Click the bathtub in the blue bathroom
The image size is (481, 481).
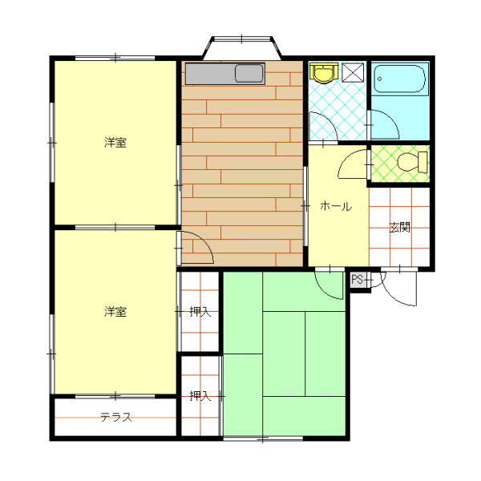(400, 79)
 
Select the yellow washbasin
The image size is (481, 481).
(324, 73)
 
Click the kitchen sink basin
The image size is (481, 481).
(249, 74)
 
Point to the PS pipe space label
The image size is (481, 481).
(357, 280)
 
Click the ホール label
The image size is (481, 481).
(336, 206)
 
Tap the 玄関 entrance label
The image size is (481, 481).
(399, 228)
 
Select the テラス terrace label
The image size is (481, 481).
(116, 417)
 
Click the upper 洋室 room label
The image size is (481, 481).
(115, 143)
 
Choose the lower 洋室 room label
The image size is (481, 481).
(115, 312)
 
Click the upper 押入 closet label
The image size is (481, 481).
(200, 312)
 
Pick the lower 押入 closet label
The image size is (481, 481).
(200, 396)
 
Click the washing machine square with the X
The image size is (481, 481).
(353, 73)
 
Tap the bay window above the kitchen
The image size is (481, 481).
(242, 47)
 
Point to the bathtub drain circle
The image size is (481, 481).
(380, 79)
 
